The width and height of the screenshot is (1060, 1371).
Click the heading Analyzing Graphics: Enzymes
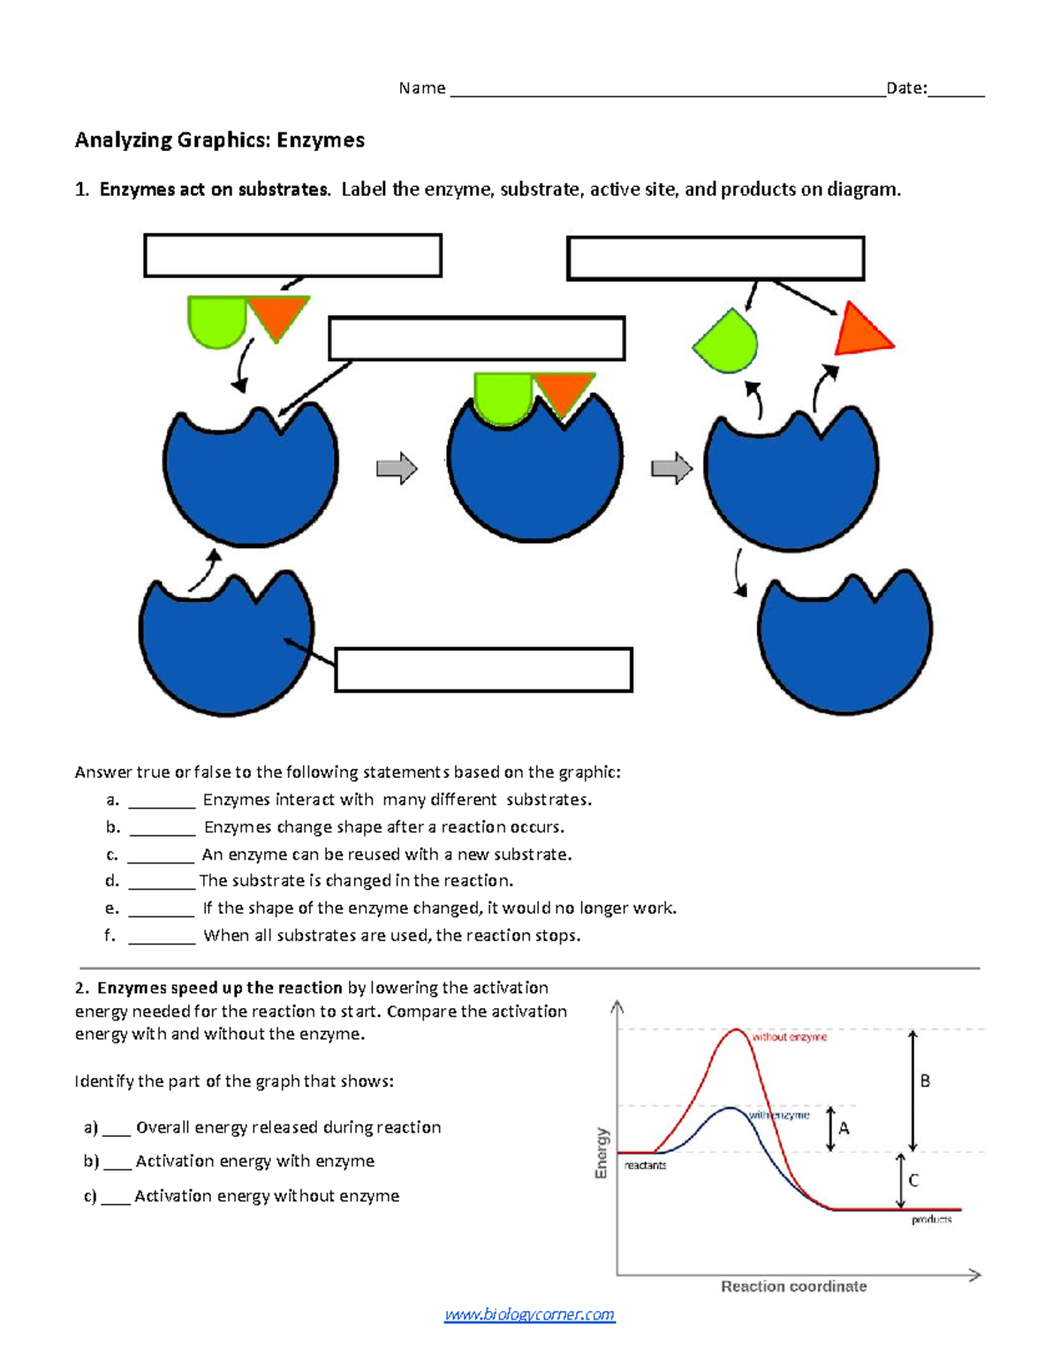(x=219, y=140)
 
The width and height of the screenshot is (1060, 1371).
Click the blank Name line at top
(x=667, y=88)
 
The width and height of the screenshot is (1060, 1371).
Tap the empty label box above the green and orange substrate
(x=292, y=256)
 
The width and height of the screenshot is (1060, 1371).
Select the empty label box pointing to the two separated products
(x=715, y=259)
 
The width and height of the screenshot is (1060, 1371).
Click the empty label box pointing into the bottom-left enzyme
(x=483, y=670)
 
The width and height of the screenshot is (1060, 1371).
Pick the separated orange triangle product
(x=861, y=332)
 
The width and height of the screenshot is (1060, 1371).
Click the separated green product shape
(x=727, y=341)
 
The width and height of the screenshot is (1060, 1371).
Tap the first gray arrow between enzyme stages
(x=397, y=468)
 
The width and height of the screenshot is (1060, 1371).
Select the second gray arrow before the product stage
(x=671, y=468)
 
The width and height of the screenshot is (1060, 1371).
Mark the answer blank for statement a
(x=162, y=801)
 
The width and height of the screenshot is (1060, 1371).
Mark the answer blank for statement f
(x=162, y=937)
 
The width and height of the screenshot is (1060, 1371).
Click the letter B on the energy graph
(x=925, y=1081)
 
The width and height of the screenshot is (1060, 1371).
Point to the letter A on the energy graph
(x=844, y=1128)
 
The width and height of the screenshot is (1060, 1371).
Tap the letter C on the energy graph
(x=913, y=1180)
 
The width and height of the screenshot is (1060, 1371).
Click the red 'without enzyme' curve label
(x=790, y=1037)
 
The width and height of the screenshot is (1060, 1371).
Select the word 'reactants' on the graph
(x=645, y=1165)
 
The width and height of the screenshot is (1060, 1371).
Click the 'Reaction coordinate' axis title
(x=793, y=1286)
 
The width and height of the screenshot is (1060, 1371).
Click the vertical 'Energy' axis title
(x=602, y=1152)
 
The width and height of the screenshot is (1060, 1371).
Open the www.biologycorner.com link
(x=529, y=1315)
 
